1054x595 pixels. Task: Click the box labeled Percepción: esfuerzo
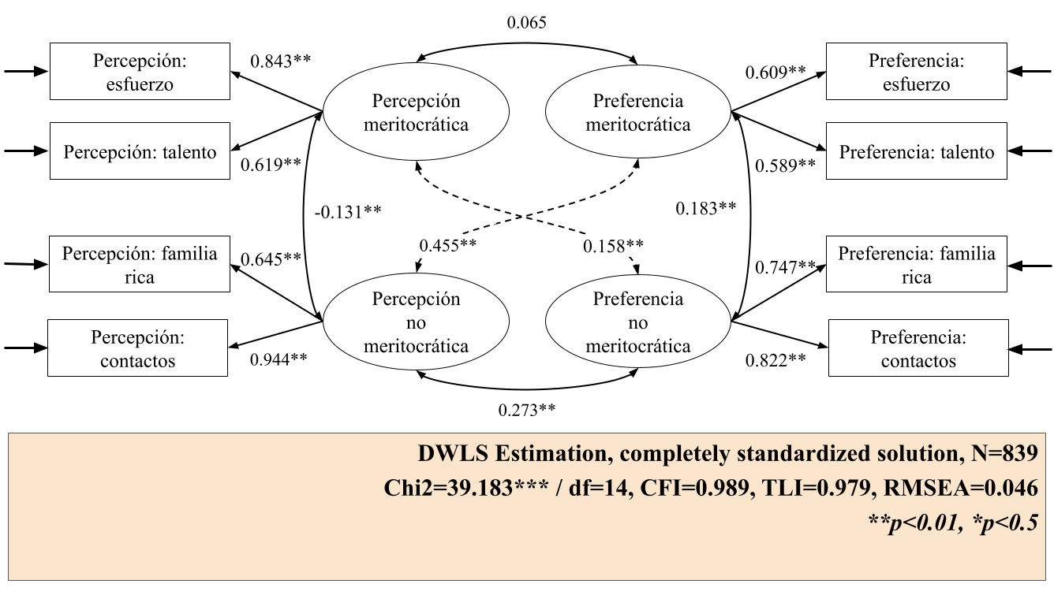tap(140, 72)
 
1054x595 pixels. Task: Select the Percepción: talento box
tap(140, 151)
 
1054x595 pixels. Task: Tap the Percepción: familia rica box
tap(140, 265)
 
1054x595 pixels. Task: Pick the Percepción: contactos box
tap(138, 348)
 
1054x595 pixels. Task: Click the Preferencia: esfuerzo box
tap(916, 72)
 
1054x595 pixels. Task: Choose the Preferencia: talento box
tap(916, 151)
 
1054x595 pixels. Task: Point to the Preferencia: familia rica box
tap(916, 265)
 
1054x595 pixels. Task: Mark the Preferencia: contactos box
tap(918, 348)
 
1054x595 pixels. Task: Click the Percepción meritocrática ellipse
tap(417, 113)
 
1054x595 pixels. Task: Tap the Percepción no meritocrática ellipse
tap(417, 323)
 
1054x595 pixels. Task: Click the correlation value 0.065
tap(526, 23)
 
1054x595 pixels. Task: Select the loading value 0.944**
tap(278, 359)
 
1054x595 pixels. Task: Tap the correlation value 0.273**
tap(526, 410)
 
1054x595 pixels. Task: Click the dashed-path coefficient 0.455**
tap(447, 245)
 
